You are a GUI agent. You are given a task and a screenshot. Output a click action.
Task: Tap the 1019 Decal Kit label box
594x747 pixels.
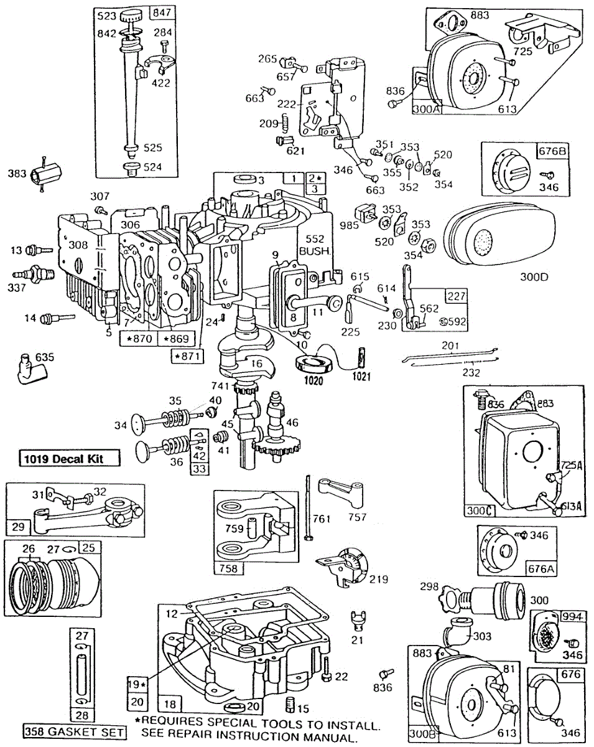(x=68, y=460)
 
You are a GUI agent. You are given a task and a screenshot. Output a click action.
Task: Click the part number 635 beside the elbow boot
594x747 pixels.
(x=45, y=357)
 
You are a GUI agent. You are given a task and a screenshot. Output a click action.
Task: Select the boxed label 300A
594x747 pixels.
(x=426, y=108)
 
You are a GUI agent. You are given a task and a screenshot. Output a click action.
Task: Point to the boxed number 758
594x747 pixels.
(x=229, y=568)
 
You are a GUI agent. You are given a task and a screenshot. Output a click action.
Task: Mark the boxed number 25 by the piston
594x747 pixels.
(x=88, y=548)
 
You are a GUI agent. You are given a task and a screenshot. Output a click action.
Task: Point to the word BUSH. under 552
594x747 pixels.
(x=317, y=251)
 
